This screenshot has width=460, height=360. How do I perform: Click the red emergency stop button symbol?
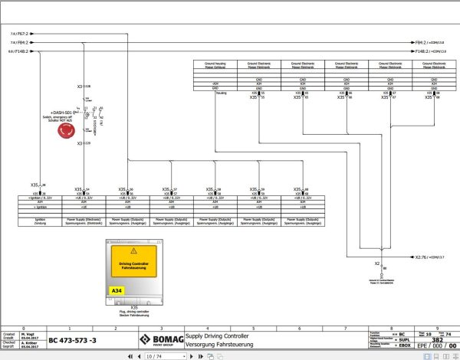[67, 129]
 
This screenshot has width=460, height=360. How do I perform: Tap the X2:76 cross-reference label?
[424, 257]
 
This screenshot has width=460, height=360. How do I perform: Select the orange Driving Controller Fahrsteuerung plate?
[135, 265]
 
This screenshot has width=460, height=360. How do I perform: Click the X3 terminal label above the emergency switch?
[80, 87]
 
